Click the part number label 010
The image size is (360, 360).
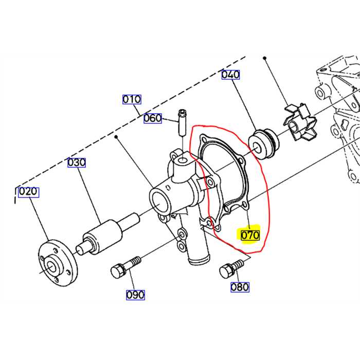131,99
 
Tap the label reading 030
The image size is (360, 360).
77,163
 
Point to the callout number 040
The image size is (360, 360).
230,75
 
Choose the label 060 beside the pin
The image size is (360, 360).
153,118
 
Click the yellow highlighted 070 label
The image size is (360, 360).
248,235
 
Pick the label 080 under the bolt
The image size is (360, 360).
240,287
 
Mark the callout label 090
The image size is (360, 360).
135,295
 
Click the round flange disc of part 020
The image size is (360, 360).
58,263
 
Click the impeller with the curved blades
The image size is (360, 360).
299,127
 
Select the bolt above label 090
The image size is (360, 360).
123,267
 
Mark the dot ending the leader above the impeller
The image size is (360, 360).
265,58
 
